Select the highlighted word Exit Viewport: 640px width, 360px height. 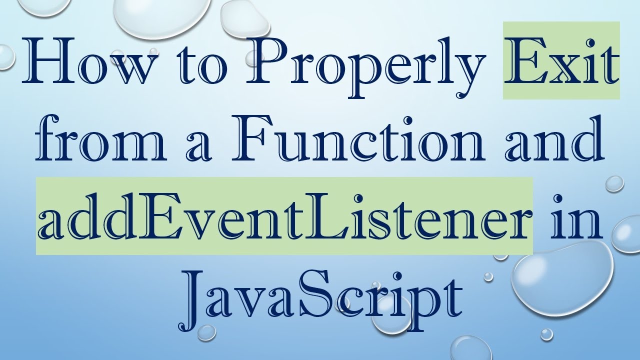pyautogui.click(x=561, y=62)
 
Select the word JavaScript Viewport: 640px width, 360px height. pyautogui.click(x=320, y=297)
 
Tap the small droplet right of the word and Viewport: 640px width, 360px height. pyautogui.click(x=614, y=183)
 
